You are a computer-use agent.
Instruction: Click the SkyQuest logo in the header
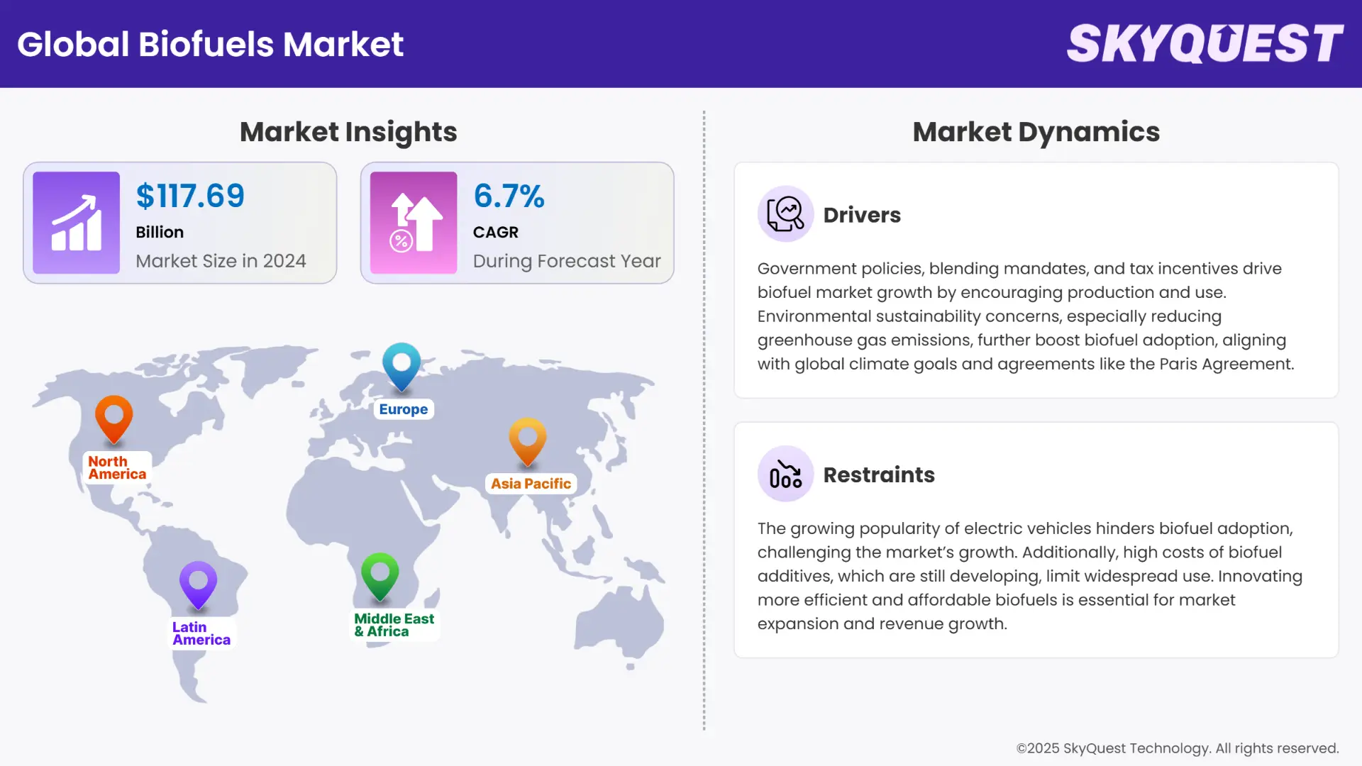(1205, 43)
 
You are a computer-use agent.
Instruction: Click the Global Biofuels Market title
(210, 44)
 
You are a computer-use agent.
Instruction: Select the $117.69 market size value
(190, 196)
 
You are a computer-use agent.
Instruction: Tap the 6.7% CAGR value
(509, 196)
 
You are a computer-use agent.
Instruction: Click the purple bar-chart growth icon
(77, 223)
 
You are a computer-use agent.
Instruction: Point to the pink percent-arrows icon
(414, 223)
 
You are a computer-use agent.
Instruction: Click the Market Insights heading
(348, 132)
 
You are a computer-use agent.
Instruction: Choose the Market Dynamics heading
(1036, 132)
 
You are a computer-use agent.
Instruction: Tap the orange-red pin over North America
(114, 418)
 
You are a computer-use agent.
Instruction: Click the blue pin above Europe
(402, 365)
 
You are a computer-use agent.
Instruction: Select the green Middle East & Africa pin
(380, 574)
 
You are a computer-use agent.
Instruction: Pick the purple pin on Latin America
(198, 584)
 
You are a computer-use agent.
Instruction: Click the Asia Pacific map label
(531, 484)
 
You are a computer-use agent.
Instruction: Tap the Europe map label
(403, 409)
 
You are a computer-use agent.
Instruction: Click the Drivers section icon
(785, 214)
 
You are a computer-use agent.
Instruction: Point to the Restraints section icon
(785, 474)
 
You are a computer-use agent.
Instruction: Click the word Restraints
(879, 474)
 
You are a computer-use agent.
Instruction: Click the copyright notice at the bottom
(1177, 748)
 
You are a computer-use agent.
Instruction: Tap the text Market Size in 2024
(221, 261)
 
